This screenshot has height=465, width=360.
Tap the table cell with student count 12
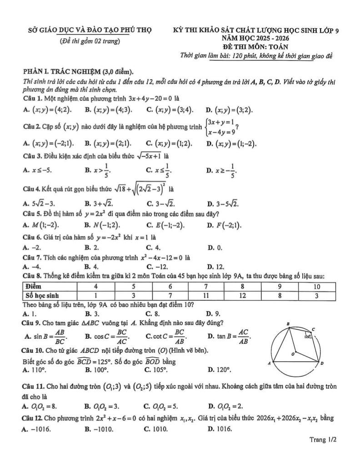tap(243, 295)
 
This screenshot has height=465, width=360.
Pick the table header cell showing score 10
tap(317, 287)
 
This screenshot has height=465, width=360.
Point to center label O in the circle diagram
tap(293, 353)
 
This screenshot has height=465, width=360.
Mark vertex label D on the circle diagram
tap(322, 364)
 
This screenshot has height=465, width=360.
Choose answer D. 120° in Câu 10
tap(220, 371)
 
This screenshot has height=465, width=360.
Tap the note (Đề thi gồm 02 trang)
tap(90, 41)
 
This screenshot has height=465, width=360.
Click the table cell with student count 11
tap(206, 295)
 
